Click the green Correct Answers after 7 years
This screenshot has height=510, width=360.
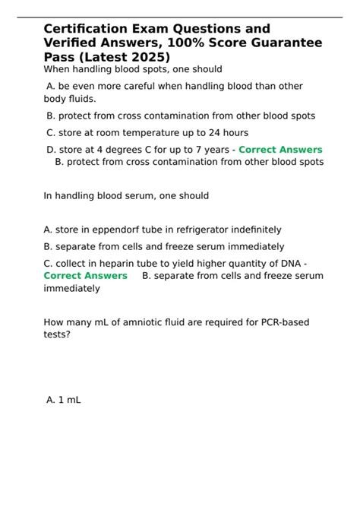pyautogui.click(x=280, y=150)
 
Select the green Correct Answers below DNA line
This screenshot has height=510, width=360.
pyautogui.click(x=86, y=275)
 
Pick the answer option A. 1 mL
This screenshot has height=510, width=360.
pyautogui.click(x=64, y=398)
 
